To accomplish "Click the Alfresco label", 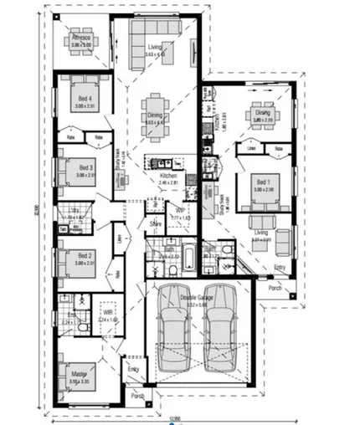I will (80, 38).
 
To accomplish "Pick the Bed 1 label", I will (262, 183).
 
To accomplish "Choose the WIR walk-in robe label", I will (108, 314).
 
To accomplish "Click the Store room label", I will (155, 223).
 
